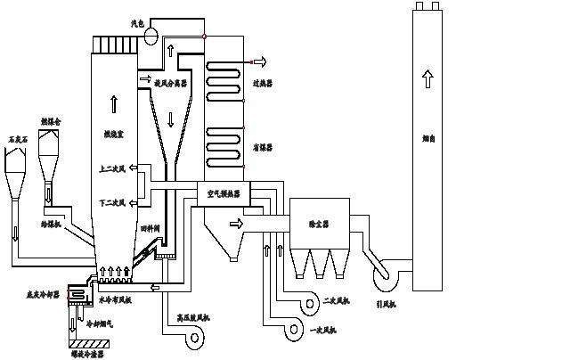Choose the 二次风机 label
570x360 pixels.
337,299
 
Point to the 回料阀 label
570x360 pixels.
149,229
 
